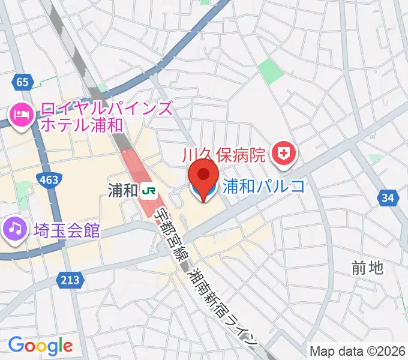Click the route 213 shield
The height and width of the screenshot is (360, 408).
point(69,279)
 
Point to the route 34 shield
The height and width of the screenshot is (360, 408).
point(389,197)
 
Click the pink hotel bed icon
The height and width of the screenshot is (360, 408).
point(22,113)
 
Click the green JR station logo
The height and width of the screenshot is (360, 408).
point(149,191)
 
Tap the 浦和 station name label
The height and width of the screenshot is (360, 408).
point(122,191)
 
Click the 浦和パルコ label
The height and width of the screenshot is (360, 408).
point(264,186)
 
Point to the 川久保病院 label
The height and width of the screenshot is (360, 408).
point(223,156)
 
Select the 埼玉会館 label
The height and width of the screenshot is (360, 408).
point(67,230)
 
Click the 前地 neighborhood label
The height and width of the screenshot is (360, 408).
point(368,268)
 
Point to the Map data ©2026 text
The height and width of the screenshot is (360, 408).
point(357,350)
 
